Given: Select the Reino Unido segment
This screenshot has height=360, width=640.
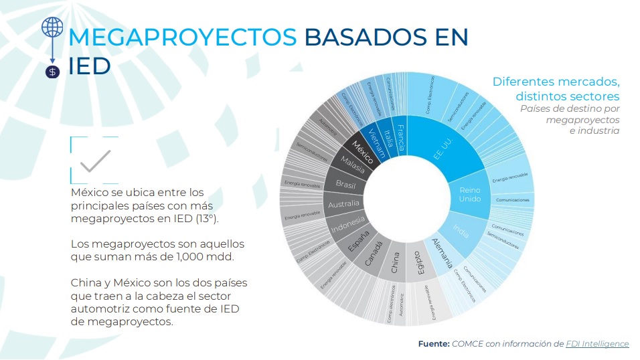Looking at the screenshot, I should pyautogui.click(x=470, y=194).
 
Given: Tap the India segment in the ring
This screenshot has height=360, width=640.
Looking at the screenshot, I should pyautogui.click(x=461, y=230).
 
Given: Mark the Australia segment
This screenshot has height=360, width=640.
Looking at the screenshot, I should pyautogui.click(x=344, y=203).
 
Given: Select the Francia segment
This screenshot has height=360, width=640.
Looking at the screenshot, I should pyautogui.click(x=400, y=137).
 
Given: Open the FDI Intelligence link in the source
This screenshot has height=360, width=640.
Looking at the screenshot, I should pyautogui.click(x=597, y=343).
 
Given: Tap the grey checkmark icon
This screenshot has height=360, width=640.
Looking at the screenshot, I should pyautogui.click(x=94, y=161).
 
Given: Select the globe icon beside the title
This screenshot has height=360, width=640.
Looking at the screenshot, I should pyautogui.click(x=52, y=27).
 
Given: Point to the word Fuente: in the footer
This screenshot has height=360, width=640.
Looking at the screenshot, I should pyautogui.click(x=433, y=343).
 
